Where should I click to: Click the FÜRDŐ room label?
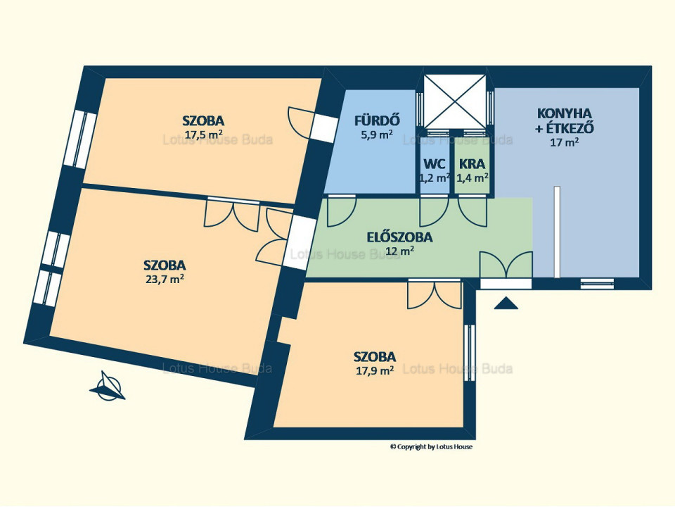pyautogui.click(x=378, y=120)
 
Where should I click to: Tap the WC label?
pyautogui.click(x=435, y=164)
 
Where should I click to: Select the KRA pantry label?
pyautogui.click(x=472, y=164)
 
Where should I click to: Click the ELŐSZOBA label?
pyautogui.click(x=399, y=237)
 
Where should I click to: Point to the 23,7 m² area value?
pyautogui.click(x=165, y=280)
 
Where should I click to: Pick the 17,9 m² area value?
pyautogui.click(x=375, y=371)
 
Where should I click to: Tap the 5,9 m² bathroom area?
pyautogui.click(x=377, y=134)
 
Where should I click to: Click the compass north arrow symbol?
pyautogui.click(x=107, y=386)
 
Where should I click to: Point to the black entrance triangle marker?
pyautogui.click(x=506, y=303)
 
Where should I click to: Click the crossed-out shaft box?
pyautogui.click(x=455, y=101)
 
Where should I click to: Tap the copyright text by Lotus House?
pyautogui.click(x=431, y=447)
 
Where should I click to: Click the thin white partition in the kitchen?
pyautogui.click(x=557, y=232)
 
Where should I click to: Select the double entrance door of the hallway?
pyautogui.click(x=506, y=265)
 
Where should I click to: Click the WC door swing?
pyautogui.click(x=435, y=211)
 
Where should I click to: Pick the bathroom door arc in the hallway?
pyautogui.click(x=342, y=211)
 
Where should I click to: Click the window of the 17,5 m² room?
pyautogui.click(x=80, y=139)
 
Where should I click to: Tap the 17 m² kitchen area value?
pyautogui.click(x=564, y=142)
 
